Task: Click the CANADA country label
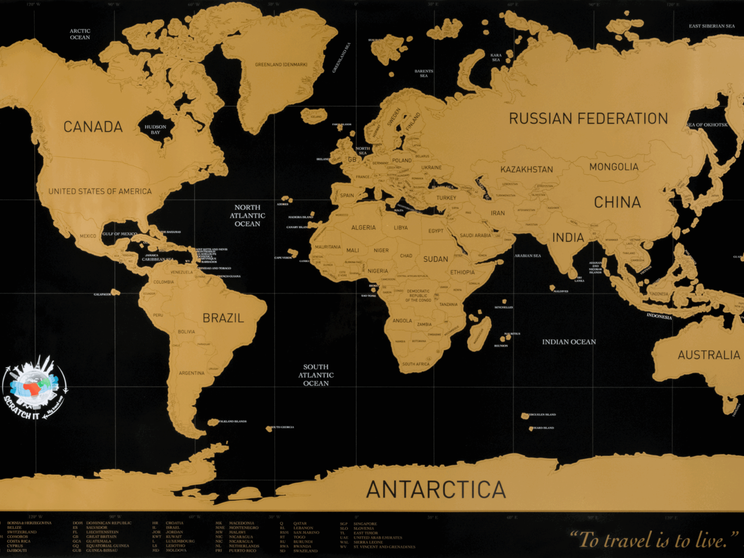pos(93,127)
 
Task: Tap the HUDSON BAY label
pos(155,129)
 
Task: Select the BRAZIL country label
pos(223,318)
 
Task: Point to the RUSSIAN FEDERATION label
pos(588,119)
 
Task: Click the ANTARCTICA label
pos(436,490)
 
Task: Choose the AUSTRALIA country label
pos(709,355)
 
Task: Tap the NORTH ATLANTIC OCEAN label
pos(248,216)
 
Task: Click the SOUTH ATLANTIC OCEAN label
pos(316,375)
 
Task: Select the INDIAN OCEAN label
pos(569,342)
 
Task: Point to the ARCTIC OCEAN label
pos(80,34)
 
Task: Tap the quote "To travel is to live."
pos(654,540)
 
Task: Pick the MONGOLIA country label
pos(614,167)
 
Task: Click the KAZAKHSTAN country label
pos(526,170)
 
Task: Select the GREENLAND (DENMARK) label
pos(281,64)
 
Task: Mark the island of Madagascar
pos(479,334)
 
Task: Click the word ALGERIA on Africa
pos(364,228)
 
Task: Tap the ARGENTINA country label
pos(191,373)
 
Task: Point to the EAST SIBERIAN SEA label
pos(712,26)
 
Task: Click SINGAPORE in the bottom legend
pos(365,524)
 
